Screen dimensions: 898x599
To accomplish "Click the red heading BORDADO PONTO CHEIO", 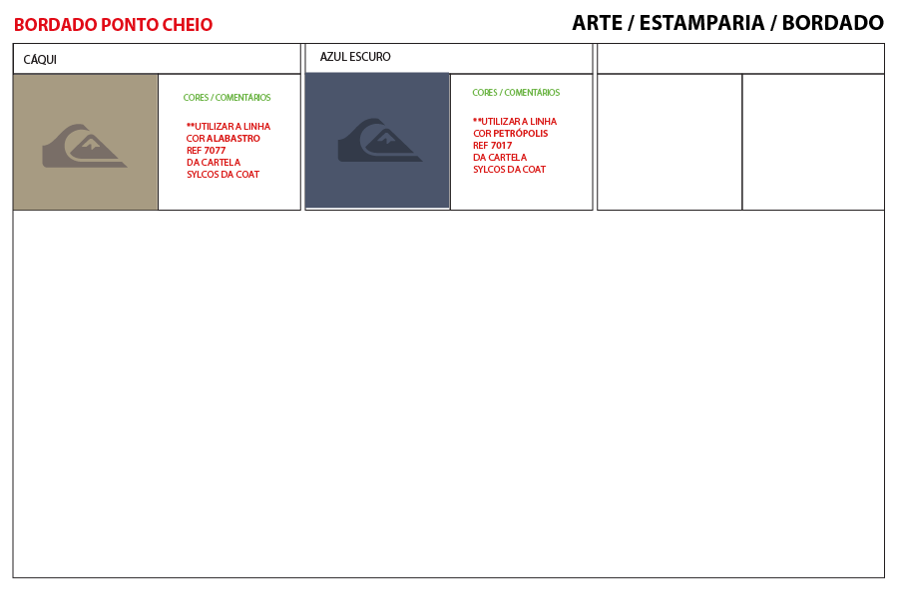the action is [113, 25].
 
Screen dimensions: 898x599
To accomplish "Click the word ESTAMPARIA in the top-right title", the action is [701, 23].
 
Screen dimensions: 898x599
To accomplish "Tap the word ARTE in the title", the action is [597, 23].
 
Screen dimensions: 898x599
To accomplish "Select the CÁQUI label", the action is [40, 59].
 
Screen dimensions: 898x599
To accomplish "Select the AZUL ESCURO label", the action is [355, 57].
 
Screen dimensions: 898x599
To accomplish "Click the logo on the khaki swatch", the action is [85, 146].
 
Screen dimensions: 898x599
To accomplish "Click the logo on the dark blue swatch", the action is [380, 141].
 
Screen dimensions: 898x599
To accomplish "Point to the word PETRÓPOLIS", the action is [521, 133].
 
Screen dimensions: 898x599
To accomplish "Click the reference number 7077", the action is [215, 150].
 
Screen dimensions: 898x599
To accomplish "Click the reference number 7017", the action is [501, 145].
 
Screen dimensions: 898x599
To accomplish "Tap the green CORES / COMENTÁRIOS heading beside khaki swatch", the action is [226, 98].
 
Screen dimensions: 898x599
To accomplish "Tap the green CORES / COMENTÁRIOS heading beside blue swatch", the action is [516, 92].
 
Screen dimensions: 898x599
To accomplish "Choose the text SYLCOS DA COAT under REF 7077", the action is [223, 175].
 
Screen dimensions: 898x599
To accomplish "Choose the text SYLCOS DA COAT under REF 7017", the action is [509, 169].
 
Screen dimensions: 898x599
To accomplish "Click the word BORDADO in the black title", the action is [833, 23].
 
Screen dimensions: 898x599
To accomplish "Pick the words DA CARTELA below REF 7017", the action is [500, 157].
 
